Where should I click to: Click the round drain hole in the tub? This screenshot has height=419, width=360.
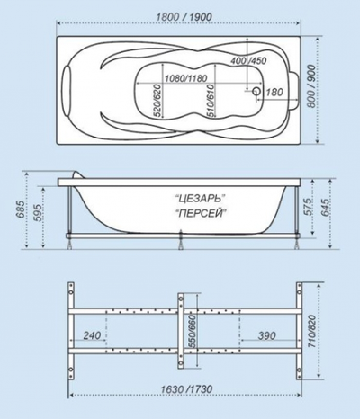(x=256, y=92)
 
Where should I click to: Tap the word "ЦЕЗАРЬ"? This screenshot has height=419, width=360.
(x=197, y=196)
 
